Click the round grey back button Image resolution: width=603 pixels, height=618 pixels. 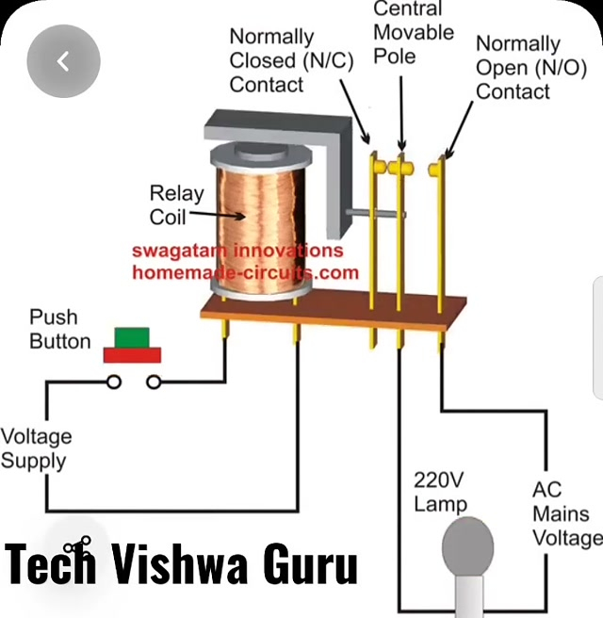coord(63,62)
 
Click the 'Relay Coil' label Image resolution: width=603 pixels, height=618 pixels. coord(176,204)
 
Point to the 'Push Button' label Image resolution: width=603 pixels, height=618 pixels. coord(60,329)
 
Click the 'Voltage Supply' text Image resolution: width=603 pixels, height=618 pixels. coord(35,448)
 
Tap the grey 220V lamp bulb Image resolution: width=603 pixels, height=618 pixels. coord(468,547)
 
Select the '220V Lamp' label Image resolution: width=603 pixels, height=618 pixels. coord(440,491)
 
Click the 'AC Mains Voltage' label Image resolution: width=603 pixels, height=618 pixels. coord(565,514)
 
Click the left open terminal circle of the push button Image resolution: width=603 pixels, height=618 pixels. coord(114,382)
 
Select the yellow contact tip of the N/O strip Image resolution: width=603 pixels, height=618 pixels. coord(436,168)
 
